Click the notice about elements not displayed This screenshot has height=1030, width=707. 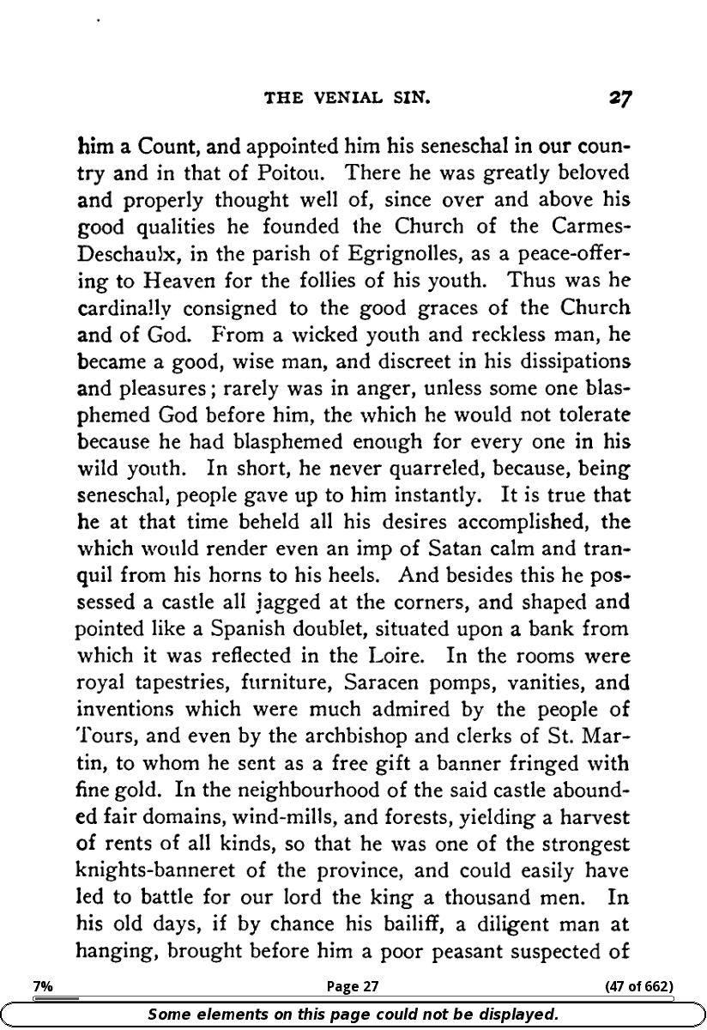353,1014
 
